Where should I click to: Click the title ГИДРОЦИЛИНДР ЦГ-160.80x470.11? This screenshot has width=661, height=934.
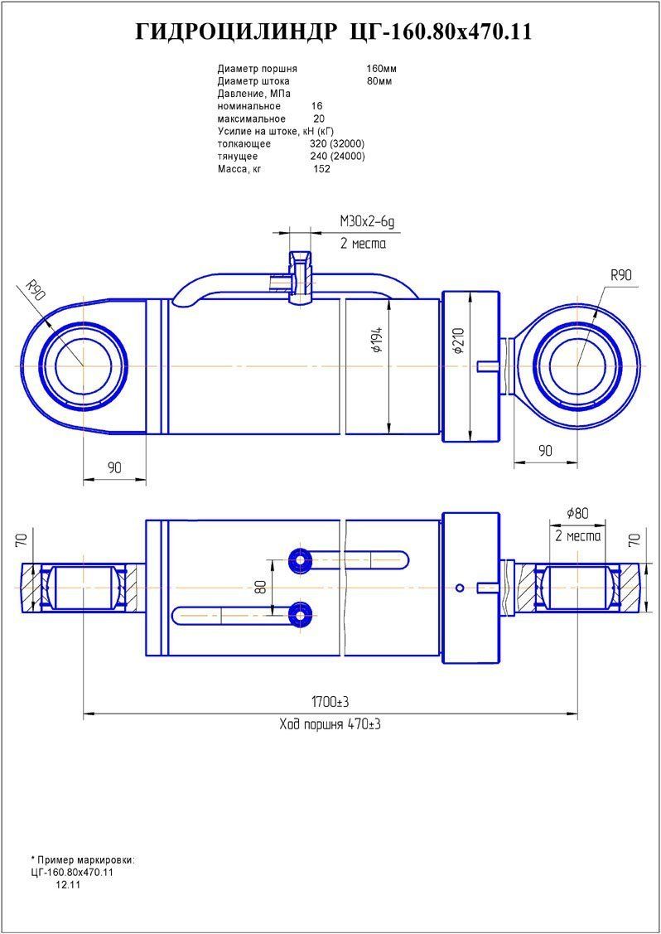click(333, 32)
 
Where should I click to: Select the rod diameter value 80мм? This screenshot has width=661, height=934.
click(379, 81)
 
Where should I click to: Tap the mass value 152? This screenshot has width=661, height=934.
click(321, 169)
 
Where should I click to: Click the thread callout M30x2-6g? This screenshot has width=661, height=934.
click(367, 220)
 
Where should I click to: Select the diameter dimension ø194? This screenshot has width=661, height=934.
click(378, 341)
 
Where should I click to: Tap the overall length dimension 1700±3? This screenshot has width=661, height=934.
click(329, 702)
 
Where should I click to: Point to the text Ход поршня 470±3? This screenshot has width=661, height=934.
click(330, 724)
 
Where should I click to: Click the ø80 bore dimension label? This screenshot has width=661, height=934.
click(577, 513)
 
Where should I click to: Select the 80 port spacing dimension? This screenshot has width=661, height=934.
click(261, 587)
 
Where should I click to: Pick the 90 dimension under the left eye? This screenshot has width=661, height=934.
click(114, 468)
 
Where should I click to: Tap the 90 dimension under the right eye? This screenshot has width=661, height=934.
click(544, 451)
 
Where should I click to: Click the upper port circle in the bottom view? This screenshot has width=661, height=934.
click(297, 560)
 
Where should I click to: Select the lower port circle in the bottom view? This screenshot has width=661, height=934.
click(297, 614)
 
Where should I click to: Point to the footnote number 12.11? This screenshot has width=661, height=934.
click(68, 885)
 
